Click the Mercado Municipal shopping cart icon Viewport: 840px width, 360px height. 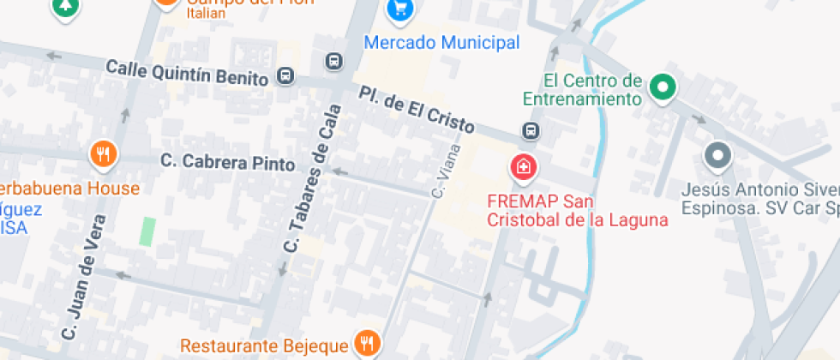pos(399,10)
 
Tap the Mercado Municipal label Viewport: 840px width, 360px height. pos(441,42)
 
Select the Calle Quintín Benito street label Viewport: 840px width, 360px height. pos(187,73)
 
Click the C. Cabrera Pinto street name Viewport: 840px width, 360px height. pos(228,162)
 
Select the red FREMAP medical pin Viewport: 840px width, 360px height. pos(521,168)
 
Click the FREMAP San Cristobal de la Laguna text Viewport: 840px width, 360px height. pos(576,211)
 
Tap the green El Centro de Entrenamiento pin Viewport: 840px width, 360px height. pos(662,87)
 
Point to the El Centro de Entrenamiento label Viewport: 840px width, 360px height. pos(593,89)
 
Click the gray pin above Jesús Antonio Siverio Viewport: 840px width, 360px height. pos(717,156)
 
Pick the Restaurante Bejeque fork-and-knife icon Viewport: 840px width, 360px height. pos(368,344)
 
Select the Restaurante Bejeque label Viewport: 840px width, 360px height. pos(264,346)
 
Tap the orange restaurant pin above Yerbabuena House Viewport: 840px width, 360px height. pos(104,153)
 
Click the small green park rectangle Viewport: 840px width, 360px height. pos(148,231)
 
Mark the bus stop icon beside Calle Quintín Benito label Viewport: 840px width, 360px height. pos(286,77)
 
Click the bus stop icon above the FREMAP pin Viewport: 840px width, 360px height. pos(531,131)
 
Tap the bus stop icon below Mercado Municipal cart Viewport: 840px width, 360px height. pos(333,62)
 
